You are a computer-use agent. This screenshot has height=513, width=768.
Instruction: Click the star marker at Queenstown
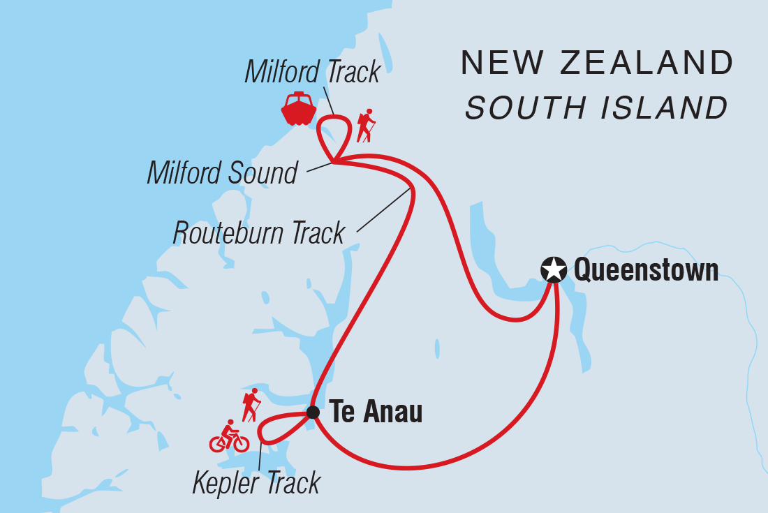coord(554,269)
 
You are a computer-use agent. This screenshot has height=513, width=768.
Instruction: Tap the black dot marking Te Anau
coord(313,412)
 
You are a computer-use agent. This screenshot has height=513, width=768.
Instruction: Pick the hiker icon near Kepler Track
coord(251,406)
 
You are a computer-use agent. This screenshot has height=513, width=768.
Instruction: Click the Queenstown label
coord(646,270)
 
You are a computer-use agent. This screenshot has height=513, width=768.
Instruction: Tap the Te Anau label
coord(376,412)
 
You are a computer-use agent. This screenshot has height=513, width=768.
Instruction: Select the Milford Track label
coord(312,72)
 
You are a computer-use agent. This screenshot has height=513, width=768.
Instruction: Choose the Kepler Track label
coord(256,482)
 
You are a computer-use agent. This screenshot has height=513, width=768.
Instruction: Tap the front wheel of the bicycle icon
coord(240,443)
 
